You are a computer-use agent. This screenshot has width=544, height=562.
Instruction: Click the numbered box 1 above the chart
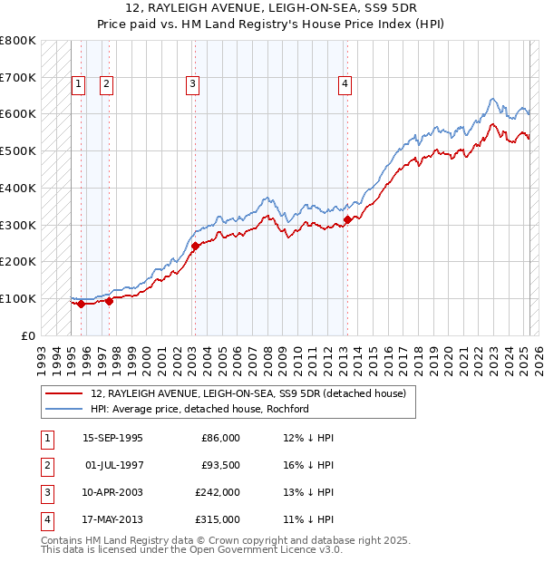[x=78, y=84]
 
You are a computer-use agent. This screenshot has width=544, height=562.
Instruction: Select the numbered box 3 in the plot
[x=193, y=84]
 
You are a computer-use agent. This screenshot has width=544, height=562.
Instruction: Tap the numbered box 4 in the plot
[x=345, y=84]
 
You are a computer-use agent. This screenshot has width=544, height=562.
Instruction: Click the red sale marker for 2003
[x=195, y=245]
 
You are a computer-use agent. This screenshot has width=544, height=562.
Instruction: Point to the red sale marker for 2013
[x=348, y=218]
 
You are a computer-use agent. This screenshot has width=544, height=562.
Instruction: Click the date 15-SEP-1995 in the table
[x=112, y=438]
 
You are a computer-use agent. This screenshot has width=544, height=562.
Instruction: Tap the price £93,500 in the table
[x=219, y=465]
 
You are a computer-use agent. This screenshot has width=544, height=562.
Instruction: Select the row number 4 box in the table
[x=46, y=519]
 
